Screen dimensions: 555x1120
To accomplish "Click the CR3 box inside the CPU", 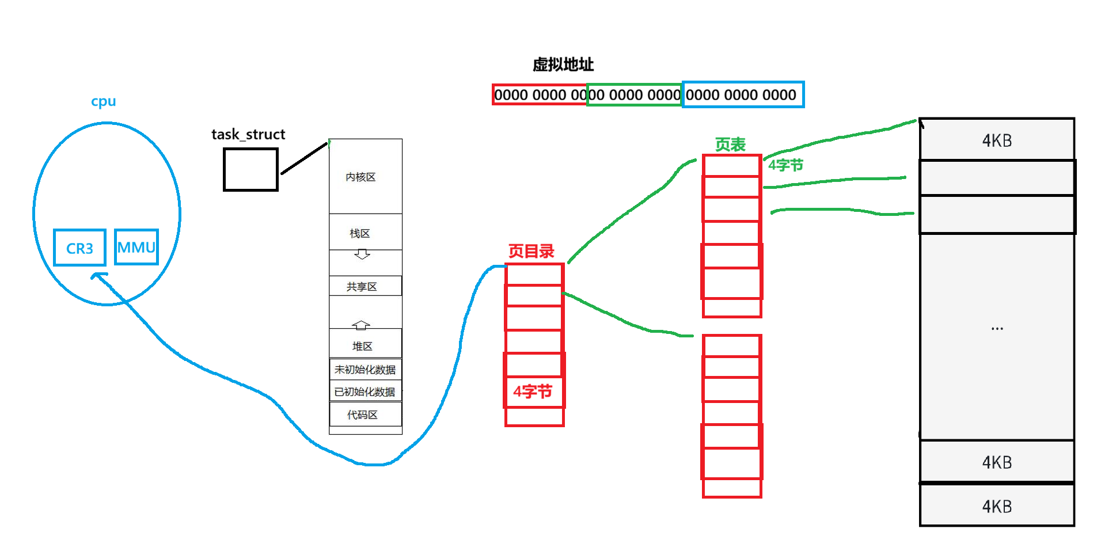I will pyautogui.click(x=79, y=248).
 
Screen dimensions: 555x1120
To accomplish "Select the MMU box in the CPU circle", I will pyautogui.click(x=136, y=248).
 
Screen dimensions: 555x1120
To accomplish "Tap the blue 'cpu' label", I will pyautogui.click(x=104, y=102).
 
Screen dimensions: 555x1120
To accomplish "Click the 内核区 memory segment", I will pyautogui.click(x=361, y=177).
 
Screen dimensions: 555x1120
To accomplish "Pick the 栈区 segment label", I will pyautogui.click(x=360, y=233).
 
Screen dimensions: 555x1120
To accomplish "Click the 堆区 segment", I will pyautogui.click(x=363, y=345).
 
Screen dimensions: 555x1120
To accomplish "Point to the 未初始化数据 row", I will pyautogui.click(x=365, y=369).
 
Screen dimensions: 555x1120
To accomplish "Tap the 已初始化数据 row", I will pyautogui.click(x=365, y=391).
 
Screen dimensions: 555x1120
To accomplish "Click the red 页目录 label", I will pyautogui.click(x=531, y=252).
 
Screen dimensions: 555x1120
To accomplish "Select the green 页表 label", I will pyautogui.click(x=730, y=145).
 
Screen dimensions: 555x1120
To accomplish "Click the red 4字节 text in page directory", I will pyautogui.click(x=533, y=392).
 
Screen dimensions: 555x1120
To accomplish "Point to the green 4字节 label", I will pyautogui.click(x=785, y=166).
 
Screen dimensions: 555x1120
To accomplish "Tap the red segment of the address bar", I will pyautogui.click(x=540, y=94).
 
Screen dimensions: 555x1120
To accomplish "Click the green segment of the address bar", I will pyautogui.click(x=634, y=94).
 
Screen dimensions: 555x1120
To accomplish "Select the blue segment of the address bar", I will pyautogui.click(x=743, y=94).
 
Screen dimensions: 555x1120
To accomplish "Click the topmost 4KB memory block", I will pyautogui.click(x=997, y=140).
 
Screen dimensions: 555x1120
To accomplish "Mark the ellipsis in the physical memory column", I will pyautogui.click(x=997, y=329).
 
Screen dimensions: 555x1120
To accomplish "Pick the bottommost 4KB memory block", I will pyautogui.click(x=997, y=506).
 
